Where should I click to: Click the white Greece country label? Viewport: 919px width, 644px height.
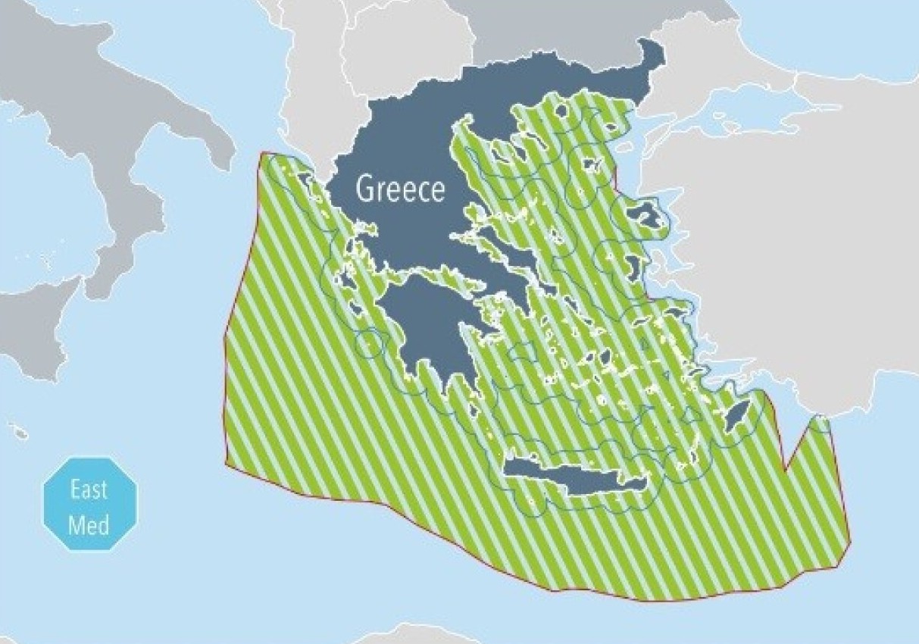[x=400, y=189]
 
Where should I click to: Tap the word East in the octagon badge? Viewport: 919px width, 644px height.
[x=89, y=489]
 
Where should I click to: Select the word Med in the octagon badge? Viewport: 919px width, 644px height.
[x=89, y=524]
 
